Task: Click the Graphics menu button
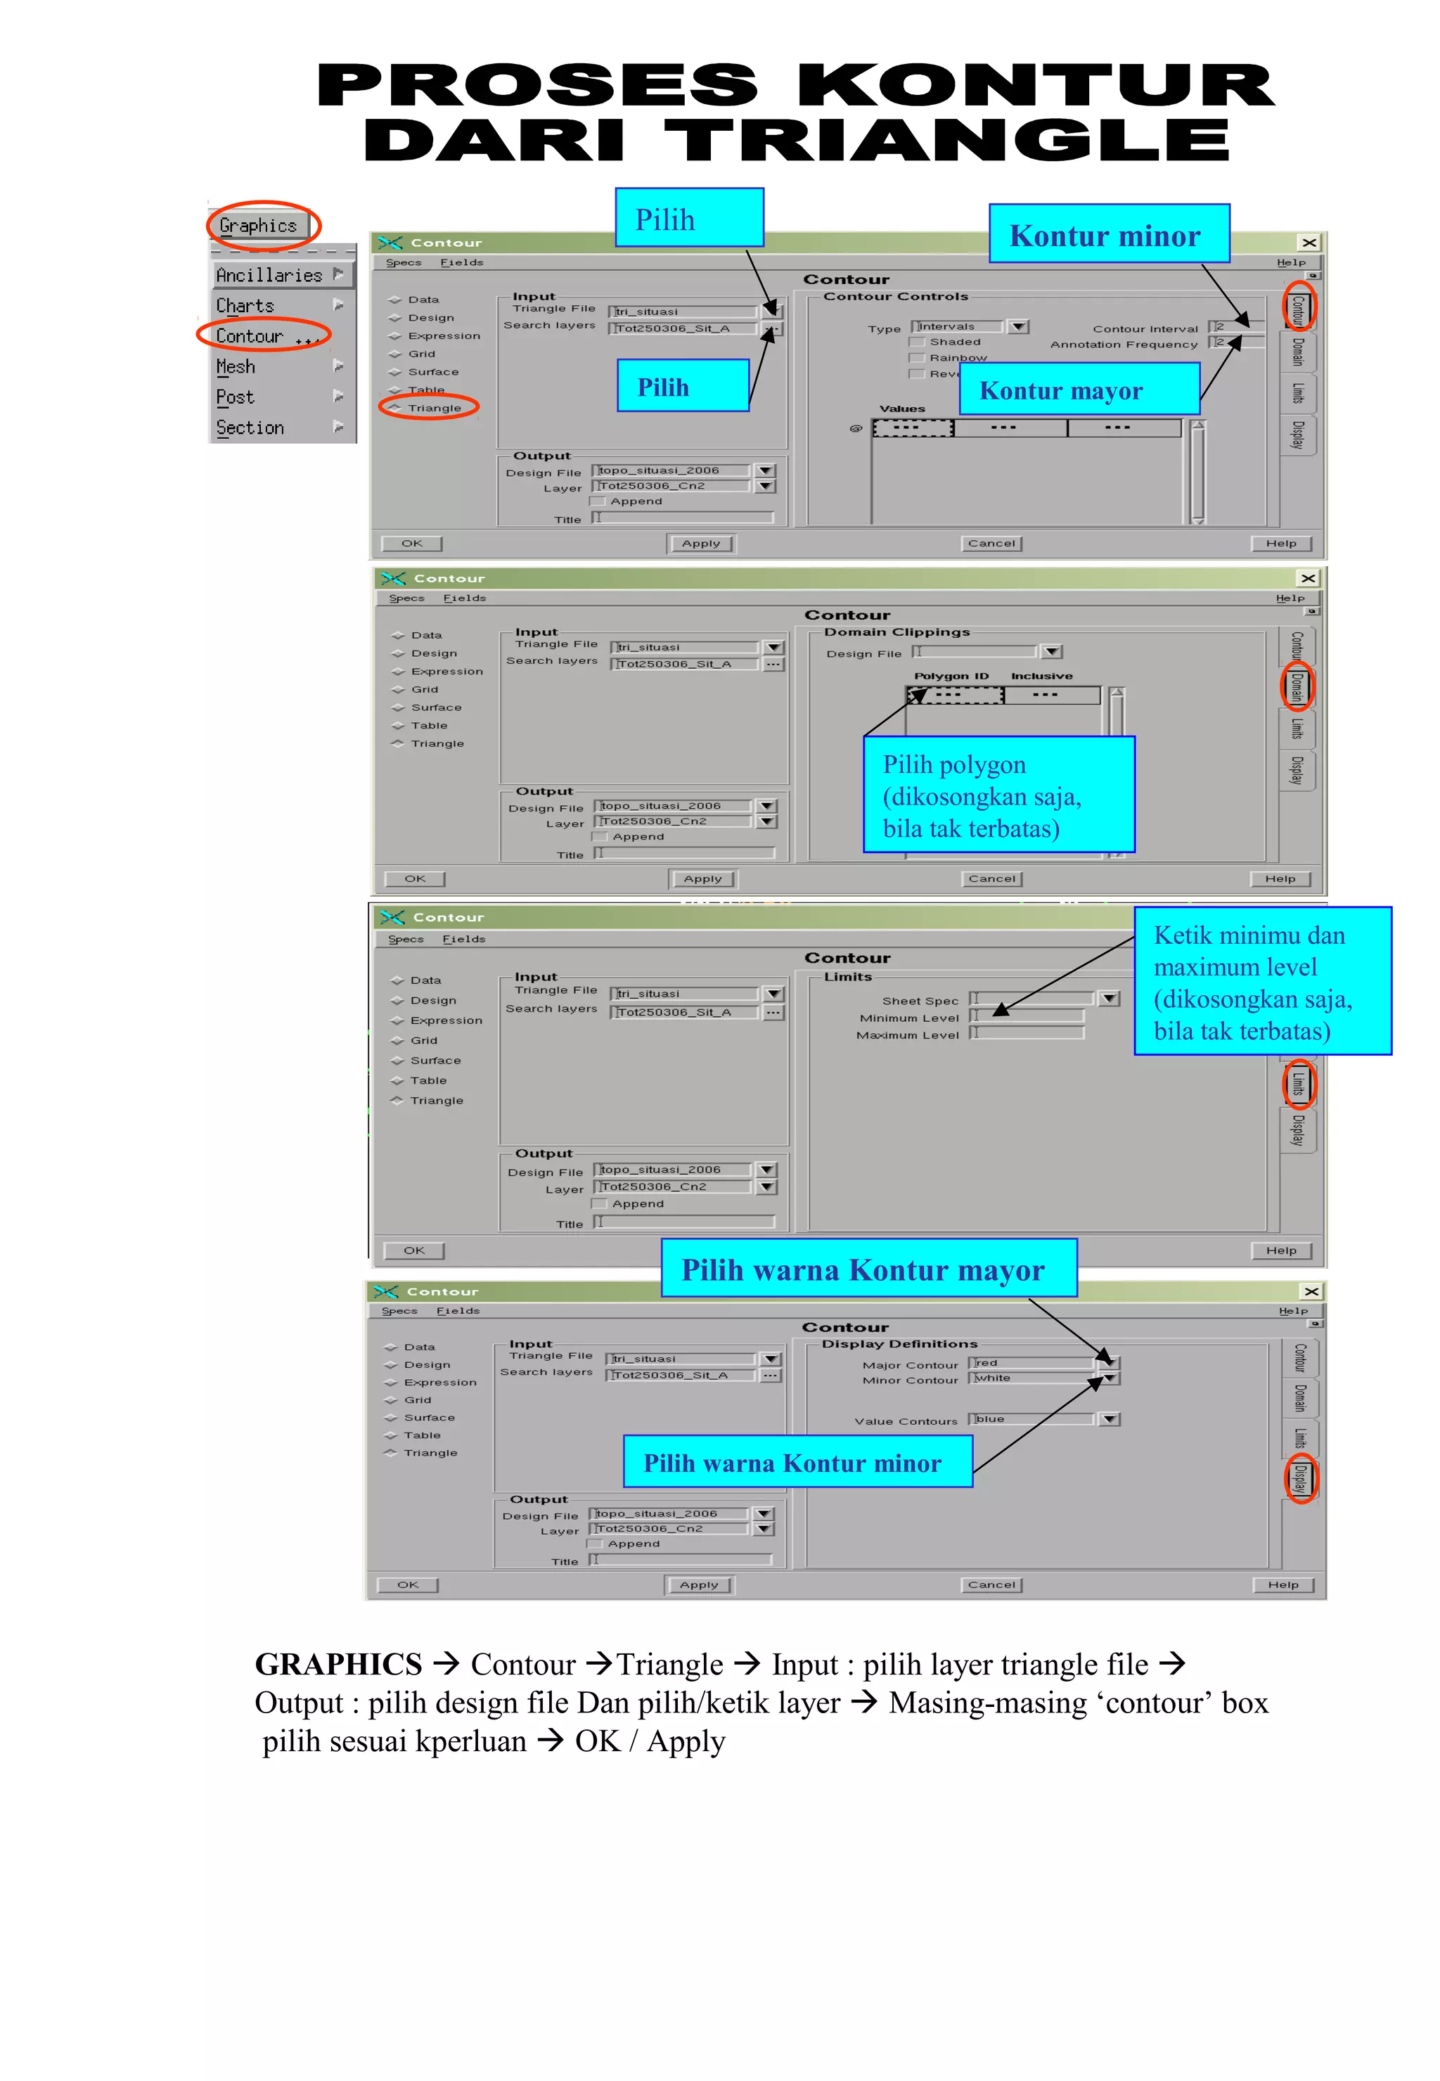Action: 258,226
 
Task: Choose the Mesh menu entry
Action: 236,367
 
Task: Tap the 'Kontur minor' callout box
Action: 1108,235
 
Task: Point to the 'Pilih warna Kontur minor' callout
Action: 797,1462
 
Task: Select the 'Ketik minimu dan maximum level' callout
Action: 1261,982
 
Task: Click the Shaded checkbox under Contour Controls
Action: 918,342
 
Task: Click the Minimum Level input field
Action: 1029,1017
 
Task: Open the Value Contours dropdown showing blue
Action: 1110,1419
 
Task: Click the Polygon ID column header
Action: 951,676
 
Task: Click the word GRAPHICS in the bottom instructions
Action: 338,1664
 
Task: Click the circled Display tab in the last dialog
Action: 1300,1479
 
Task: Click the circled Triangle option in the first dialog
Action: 433,408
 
